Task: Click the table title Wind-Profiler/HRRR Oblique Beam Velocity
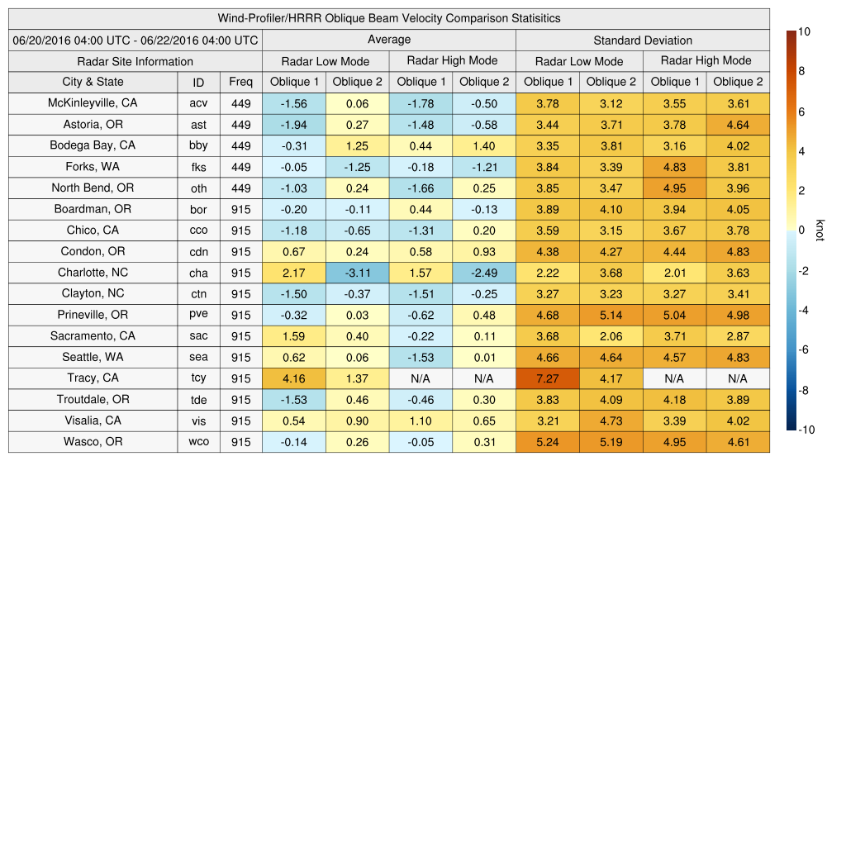[x=389, y=18]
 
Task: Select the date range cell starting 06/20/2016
[x=135, y=40]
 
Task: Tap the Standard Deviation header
[x=643, y=40]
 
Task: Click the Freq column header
[x=240, y=82]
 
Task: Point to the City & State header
[x=93, y=82]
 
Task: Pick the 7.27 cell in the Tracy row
[x=547, y=378]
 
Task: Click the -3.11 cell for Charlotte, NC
[x=357, y=273]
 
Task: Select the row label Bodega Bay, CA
[x=93, y=145]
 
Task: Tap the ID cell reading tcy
[x=198, y=378]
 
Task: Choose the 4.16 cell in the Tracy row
[x=293, y=378]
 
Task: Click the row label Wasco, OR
[x=93, y=442]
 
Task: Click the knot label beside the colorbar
[x=820, y=231]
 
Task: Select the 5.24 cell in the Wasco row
[x=547, y=442]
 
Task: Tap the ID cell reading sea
[x=198, y=358]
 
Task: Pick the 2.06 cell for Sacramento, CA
[x=611, y=336]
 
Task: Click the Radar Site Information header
[x=135, y=61]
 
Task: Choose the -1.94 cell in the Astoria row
[x=293, y=125]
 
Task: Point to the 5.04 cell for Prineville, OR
[x=674, y=315]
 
